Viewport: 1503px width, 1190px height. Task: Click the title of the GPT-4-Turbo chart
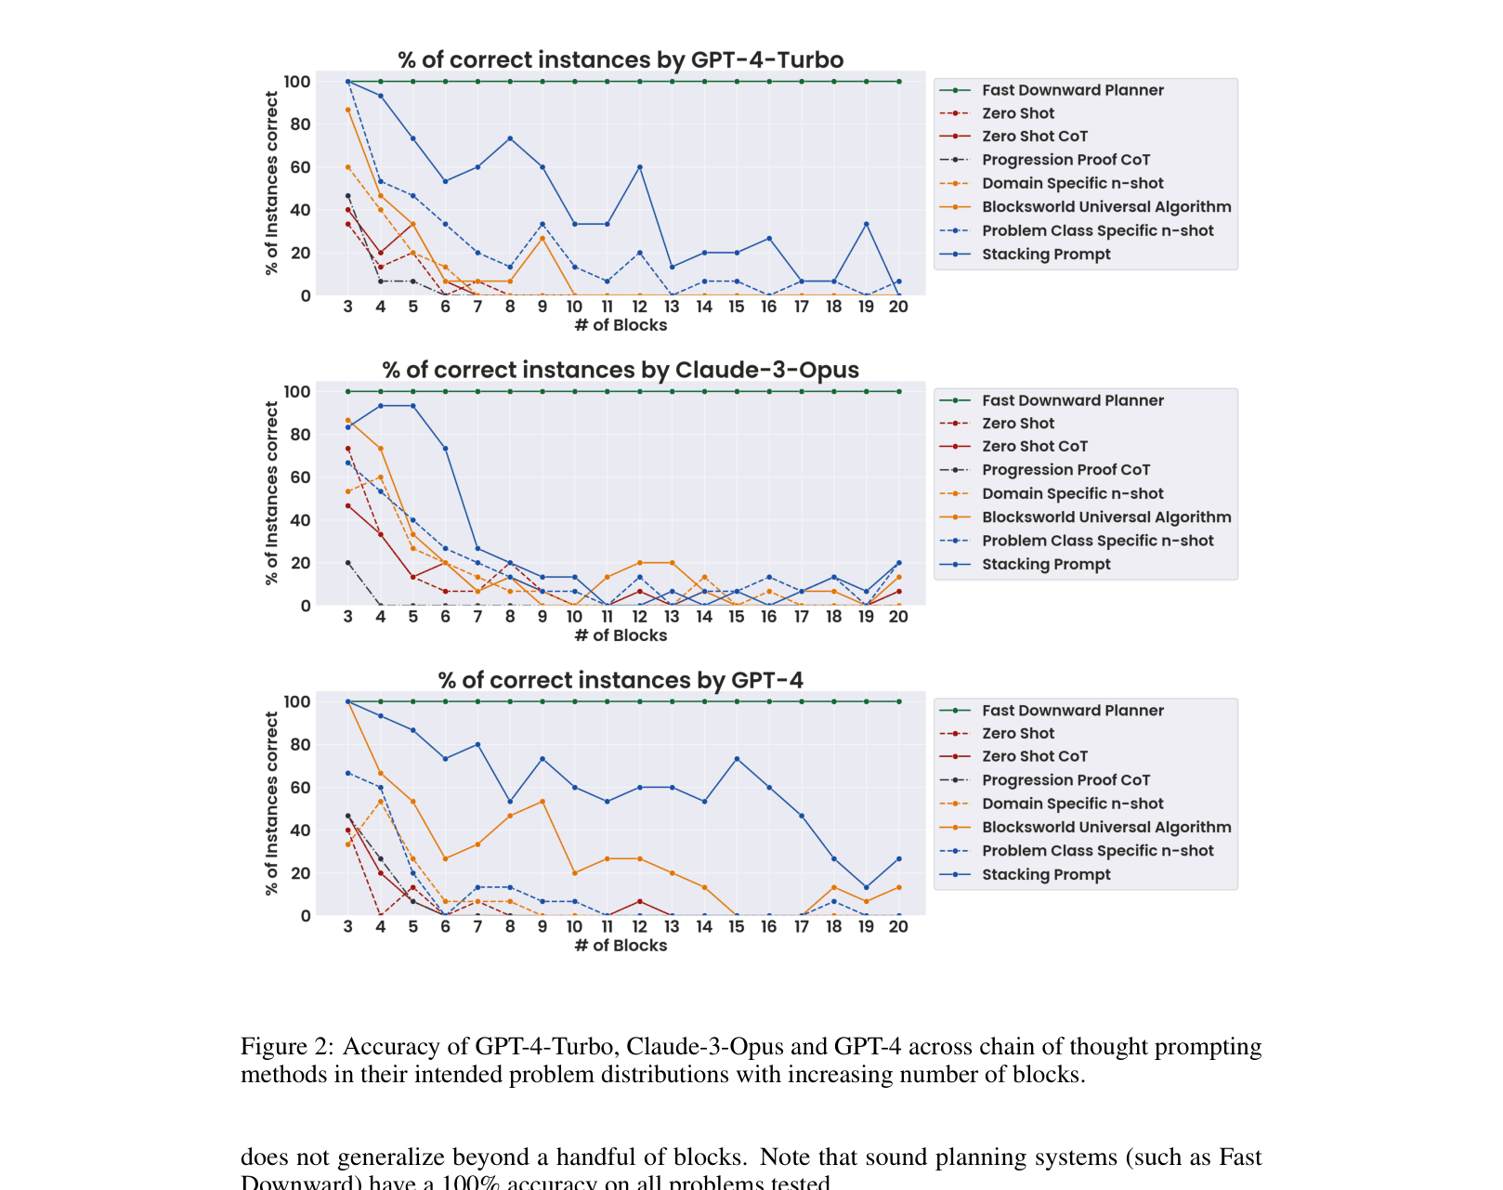click(621, 60)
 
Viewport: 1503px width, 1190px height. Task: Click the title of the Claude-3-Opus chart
click(621, 371)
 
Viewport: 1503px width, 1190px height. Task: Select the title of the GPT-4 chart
click(621, 681)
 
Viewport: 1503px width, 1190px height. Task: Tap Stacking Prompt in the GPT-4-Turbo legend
click(1046, 255)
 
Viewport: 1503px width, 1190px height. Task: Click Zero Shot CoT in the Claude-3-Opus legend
click(1034, 447)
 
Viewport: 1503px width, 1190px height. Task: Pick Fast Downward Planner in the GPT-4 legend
click(1072, 711)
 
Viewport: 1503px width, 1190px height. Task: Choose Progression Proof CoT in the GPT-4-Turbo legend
click(1065, 160)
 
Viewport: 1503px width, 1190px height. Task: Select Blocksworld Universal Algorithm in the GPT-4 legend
click(1106, 828)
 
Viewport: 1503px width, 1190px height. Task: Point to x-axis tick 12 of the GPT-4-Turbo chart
click(639, 307)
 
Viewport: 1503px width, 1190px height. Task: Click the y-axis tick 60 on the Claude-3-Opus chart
click(297, 477)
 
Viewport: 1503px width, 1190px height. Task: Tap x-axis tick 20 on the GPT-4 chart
click(898, 927)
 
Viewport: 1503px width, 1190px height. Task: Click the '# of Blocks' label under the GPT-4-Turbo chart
click(621, 325)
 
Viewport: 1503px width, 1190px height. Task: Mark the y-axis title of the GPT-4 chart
click(271, 804)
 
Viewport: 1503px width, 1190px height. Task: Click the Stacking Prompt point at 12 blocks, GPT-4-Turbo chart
click(640, 167)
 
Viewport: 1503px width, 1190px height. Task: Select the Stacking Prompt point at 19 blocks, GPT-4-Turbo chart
click(867, 224)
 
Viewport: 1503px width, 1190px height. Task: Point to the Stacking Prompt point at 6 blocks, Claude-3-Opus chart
click(445, 449)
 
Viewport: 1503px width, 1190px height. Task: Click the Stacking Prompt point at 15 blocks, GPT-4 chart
click(737, 759)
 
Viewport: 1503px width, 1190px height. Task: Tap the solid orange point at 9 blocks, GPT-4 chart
click(542, 802)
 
